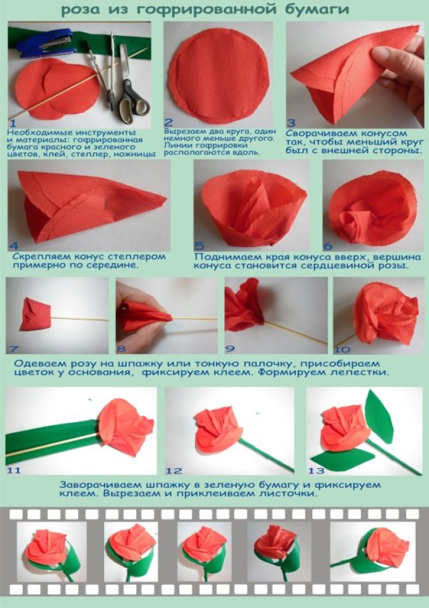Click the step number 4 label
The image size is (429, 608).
coord(14,246)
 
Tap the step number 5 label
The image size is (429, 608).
coord(199,246)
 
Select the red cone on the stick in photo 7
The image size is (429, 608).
coord(35,314)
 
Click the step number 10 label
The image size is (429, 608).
coord(342,350)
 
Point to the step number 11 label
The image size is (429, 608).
coord(14,471)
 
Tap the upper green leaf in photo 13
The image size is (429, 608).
coord(379,416)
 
